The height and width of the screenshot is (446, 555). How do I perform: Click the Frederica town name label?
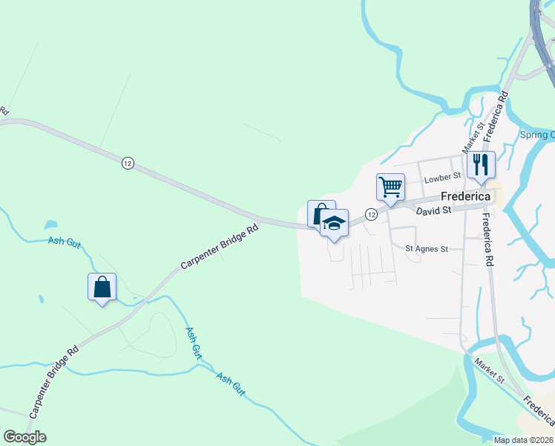pyautogui.click(x=465, y=196)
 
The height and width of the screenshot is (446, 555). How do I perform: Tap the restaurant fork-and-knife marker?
pyautogui.click(x=481, y=165)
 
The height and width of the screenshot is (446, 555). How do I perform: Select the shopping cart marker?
pyautogui.click(x=390, y=187)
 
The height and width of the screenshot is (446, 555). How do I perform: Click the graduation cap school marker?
pyautogui.click(x=335, y=224)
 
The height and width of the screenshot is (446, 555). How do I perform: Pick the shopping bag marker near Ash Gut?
pyautogui.click(x=102, y=287)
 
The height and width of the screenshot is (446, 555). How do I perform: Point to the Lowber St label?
pyautogui.click(x=442, y=178)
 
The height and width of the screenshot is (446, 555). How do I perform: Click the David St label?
pyautogui.click(x=433, y=211)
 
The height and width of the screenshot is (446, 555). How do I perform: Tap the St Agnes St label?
pyautogui.click(x=427, y=249)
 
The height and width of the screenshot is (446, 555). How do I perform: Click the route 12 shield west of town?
pyautogui.click(x=128, y=164)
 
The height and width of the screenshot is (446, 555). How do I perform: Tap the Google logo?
pyautogui.click(x=24, y=437)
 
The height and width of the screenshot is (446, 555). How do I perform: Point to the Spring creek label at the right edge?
pyautogui.click(x=536, y=135)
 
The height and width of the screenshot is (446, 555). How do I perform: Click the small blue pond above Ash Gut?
pyautogui.click(x=50, y=224)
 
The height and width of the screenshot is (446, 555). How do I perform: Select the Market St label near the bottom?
pyautogui.click(x=490, y=369)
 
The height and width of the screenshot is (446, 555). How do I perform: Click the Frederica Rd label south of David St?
pyautogui.click(x=487, y=241)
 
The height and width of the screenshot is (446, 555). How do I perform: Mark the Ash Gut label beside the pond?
pyautogui.click(x=63, y=240)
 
